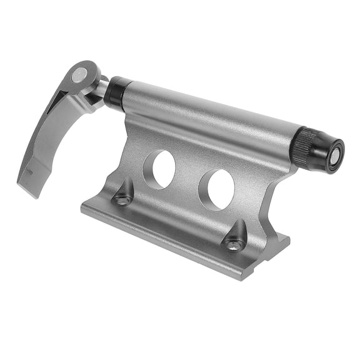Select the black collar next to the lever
pos(116,92)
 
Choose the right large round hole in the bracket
pos(216,189)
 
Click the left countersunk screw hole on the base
pos(122,200)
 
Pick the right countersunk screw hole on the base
pos(235,245)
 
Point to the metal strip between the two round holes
pos(187,179)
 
